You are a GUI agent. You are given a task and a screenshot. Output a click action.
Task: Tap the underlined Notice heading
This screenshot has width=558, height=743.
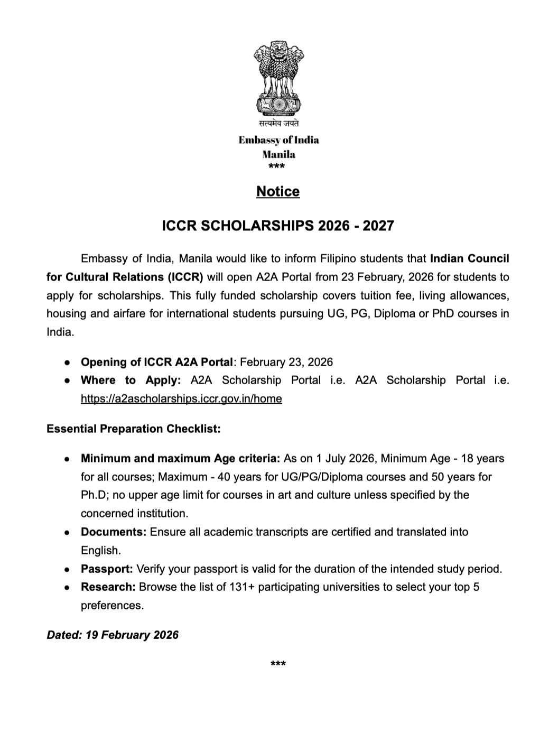(278, 191)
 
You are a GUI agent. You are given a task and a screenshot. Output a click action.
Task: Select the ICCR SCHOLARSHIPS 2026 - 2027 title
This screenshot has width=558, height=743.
(278, 226)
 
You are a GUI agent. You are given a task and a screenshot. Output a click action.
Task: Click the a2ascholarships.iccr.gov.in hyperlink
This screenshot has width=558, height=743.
(181, 398)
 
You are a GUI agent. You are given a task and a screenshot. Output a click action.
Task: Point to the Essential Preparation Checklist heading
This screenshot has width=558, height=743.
(134, 429)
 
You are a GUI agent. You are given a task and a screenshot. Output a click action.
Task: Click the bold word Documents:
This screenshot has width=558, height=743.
(114, 532)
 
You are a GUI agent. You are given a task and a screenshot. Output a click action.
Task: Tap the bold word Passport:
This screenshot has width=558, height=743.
(107, 569)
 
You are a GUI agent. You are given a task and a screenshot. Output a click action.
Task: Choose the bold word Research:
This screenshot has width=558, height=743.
(108, 587)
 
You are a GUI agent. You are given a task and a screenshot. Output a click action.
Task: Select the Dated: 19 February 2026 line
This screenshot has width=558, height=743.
(113, 635)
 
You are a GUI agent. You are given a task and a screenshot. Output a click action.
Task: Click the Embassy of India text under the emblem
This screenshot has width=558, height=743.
(278, 140)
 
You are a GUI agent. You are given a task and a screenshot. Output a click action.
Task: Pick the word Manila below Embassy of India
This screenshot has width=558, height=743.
(278, 154)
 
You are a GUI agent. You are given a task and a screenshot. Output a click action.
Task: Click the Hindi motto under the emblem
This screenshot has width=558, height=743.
(278, 123)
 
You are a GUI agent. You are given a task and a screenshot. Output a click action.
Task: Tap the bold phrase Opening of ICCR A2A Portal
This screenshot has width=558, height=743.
(156, 362)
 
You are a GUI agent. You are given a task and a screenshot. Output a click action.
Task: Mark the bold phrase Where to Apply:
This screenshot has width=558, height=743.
(131, 380)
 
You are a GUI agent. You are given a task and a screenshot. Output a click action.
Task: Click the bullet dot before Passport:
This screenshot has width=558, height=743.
(68, 570)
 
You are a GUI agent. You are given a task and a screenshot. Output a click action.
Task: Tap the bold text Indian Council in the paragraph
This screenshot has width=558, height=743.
(469, 258)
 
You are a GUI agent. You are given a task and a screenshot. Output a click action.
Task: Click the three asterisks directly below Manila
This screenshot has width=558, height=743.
(276, 168)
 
